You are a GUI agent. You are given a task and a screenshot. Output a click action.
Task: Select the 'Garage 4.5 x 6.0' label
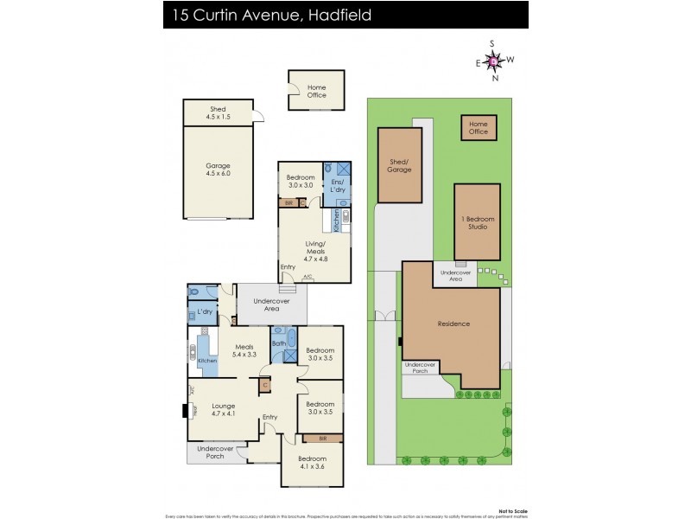[218, 170]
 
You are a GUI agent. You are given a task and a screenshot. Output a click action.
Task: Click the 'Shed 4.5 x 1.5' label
[218, 113]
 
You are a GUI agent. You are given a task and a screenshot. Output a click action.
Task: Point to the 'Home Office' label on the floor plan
[317, 91]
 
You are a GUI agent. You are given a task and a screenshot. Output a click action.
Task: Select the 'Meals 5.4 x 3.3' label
[245, 350]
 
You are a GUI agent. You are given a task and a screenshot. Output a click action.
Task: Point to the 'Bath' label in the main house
[279, 343]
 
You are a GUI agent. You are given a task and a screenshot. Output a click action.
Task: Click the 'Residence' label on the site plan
[453, 324]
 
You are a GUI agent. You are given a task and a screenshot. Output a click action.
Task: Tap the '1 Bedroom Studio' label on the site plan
[478, 222]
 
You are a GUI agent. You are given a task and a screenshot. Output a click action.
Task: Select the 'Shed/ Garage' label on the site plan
[399, 165]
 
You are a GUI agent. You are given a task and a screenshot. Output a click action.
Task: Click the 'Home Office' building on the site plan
[479, 128]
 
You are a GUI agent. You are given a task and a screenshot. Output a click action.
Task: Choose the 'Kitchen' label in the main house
[207, 361]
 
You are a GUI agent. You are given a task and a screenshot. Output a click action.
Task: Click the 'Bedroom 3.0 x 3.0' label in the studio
[301, 182]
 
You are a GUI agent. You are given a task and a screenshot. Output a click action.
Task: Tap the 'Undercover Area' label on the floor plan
[271, 304]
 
